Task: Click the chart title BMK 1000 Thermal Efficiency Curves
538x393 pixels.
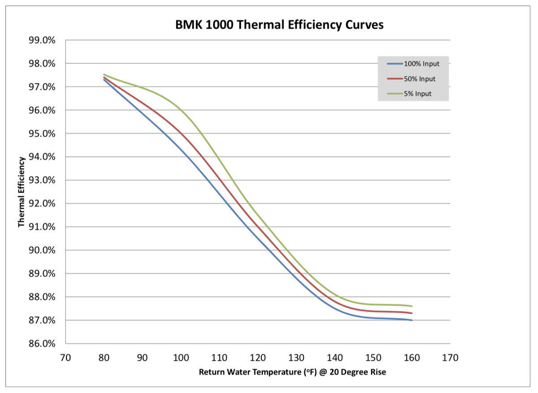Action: tap(279, 25)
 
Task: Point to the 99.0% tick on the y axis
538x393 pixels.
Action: tap(42, 40)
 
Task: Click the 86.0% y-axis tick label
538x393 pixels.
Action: tap(42, 344)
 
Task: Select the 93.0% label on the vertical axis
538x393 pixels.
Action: tap(42, 180)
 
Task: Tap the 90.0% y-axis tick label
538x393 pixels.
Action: tap(42, 250)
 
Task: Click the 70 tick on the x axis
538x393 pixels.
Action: tap(65, 358)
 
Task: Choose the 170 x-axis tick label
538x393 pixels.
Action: tap(450, 358)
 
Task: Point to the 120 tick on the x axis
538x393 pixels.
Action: tap(258, 358)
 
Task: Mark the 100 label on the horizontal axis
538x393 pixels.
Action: tap(181, 358)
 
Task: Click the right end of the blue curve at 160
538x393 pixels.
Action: tap(412, 320)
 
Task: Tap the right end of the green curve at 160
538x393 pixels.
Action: tap(412, 306)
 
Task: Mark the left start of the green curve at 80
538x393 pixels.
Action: tap(104, 74)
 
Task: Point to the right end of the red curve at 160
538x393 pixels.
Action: tap(412, 313)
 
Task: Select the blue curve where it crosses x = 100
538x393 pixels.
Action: tap(181, 151)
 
